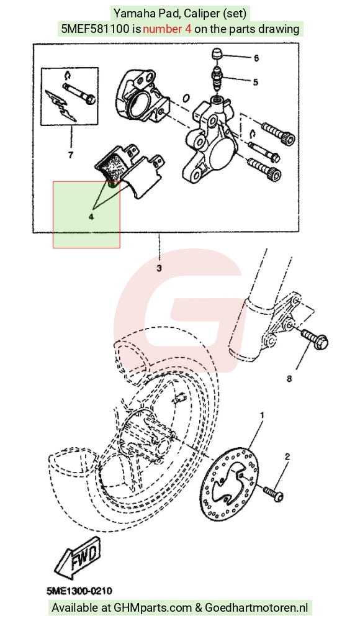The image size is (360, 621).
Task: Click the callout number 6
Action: [x=256, y=58]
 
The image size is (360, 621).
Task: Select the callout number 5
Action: [x=256, y=82]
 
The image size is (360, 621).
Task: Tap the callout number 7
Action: [x=71, y=155]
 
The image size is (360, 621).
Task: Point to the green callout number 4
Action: [x=91, y=217]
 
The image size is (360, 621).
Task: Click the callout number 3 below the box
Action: [x=160, y=268]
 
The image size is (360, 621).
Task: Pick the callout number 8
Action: [x=289, y=379]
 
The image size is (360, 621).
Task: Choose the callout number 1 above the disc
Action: [x=262, y=415]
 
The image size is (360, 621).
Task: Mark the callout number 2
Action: [x=287, y=456]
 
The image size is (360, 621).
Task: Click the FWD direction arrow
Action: [x=78, y=556]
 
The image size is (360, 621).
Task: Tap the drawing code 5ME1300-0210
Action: [x=79, y=591]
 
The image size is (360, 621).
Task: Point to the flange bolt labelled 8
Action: [x=315, y=340]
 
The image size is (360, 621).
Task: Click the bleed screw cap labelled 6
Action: [x=217, y=54]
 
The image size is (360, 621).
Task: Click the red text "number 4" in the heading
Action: [x=167, y=29]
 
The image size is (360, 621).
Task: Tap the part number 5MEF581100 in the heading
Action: [x=96, y=29]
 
